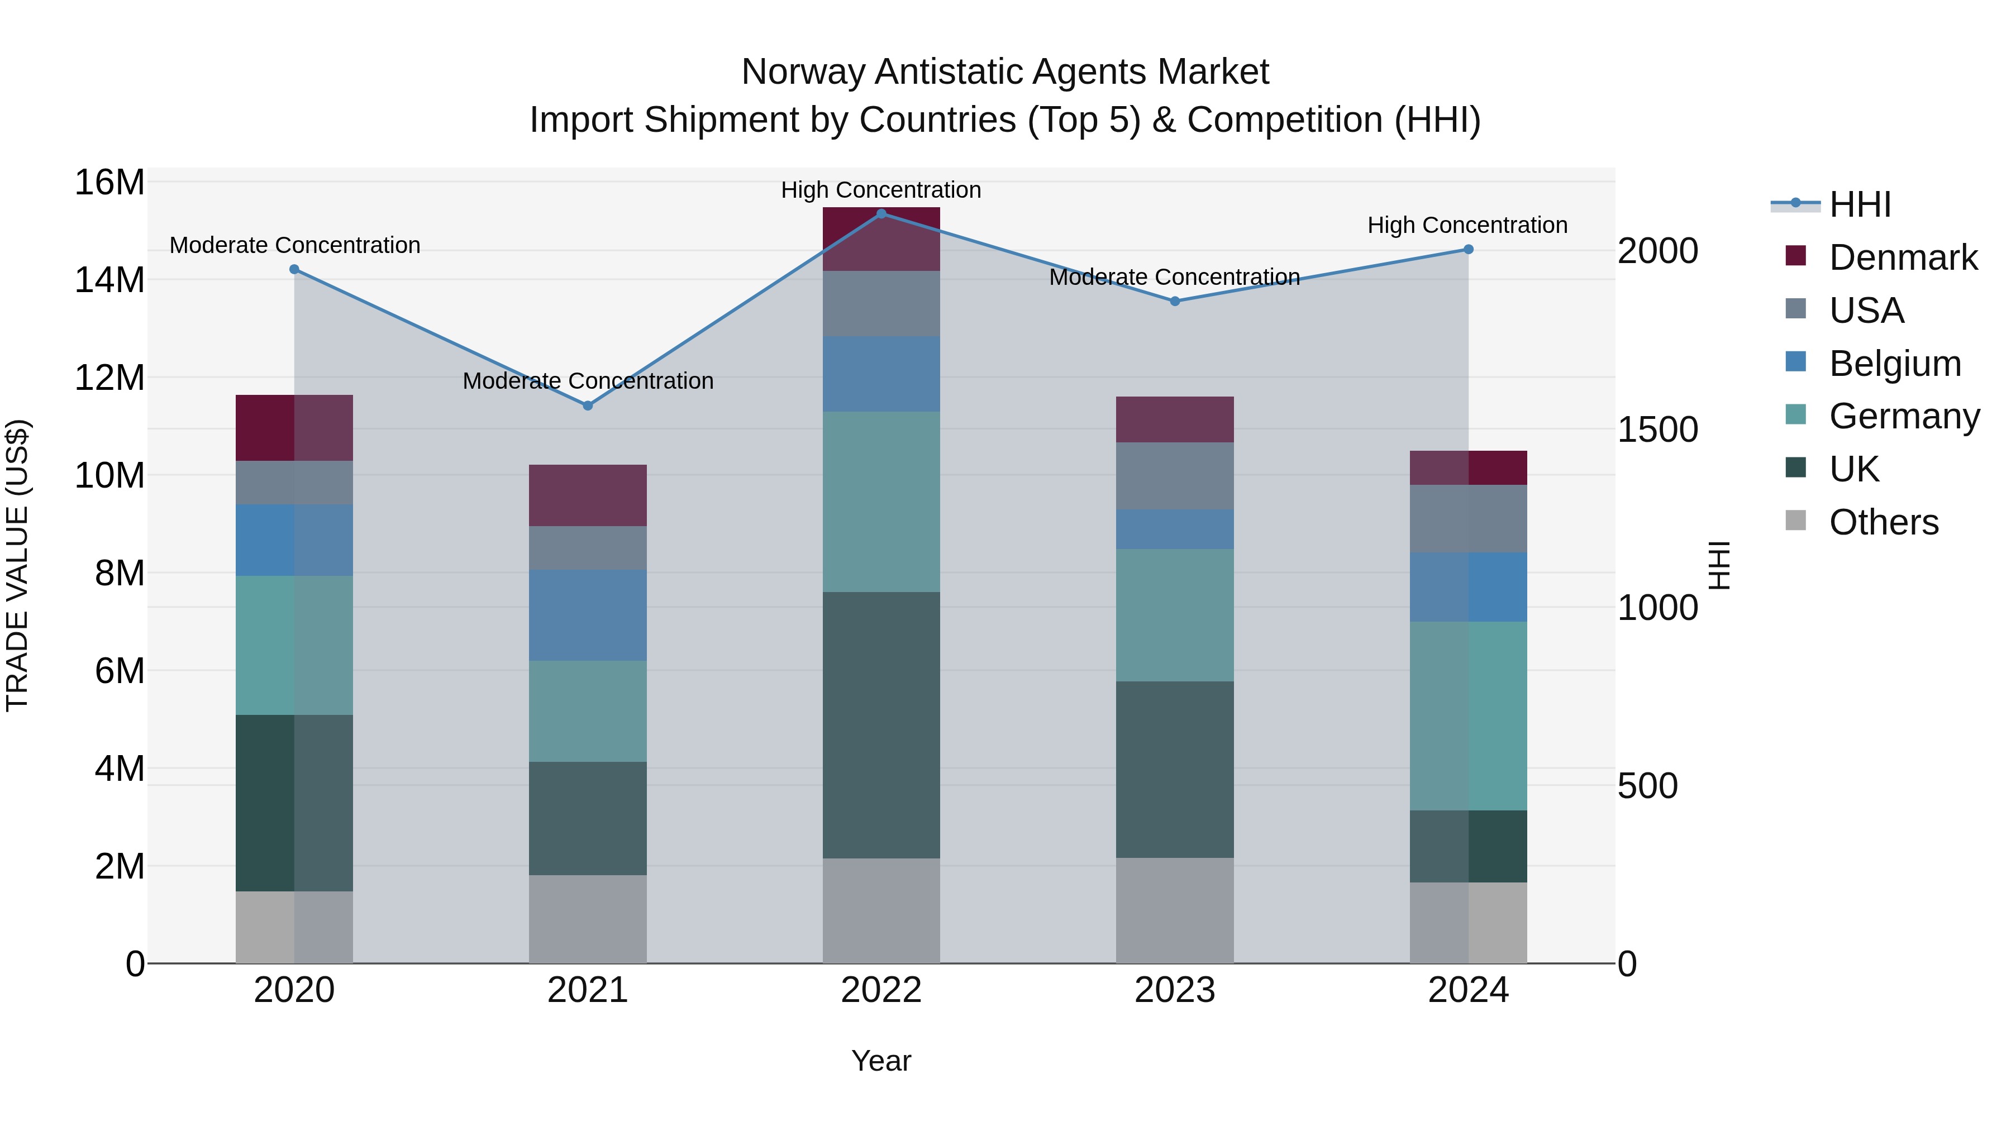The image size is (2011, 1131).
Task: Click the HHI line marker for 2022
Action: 881,213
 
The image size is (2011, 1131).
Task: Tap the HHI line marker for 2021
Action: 588,405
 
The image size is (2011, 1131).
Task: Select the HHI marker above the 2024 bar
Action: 1469,249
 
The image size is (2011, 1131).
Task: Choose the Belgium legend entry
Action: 1895,364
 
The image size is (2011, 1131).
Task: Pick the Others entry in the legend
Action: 1883,522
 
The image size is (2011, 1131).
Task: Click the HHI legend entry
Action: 1860,204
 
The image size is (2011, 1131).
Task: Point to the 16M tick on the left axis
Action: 109,183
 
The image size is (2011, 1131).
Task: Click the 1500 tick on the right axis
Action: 1657,430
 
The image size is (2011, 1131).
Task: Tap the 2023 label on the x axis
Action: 1175,990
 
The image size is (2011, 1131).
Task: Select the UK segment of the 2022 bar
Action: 881,724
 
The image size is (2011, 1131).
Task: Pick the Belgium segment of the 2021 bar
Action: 588,615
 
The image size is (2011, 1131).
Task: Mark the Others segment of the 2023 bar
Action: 1175,910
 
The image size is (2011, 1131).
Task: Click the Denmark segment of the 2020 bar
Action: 294,428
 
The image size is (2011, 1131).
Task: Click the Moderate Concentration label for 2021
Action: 588,381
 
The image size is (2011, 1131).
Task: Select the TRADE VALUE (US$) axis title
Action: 17,565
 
